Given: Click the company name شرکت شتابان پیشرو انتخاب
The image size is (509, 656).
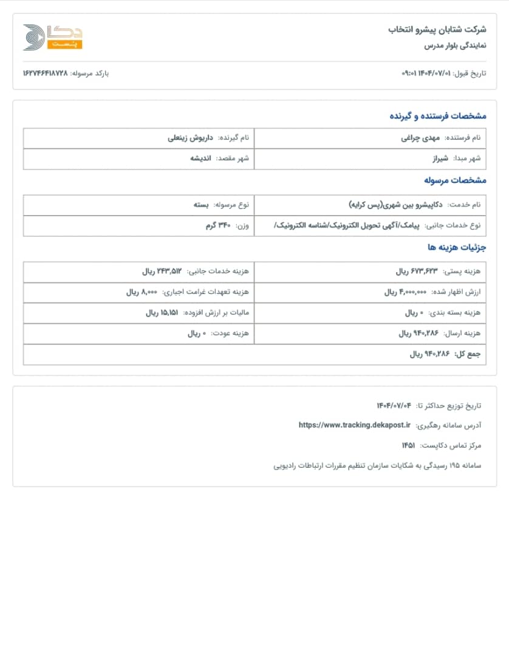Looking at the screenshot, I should click(437, 29).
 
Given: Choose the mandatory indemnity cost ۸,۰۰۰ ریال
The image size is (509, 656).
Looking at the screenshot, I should click(142, 292).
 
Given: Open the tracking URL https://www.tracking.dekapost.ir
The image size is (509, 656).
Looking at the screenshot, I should click(355, 425).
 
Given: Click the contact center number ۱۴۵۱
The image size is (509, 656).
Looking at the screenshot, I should click(408, 445).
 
